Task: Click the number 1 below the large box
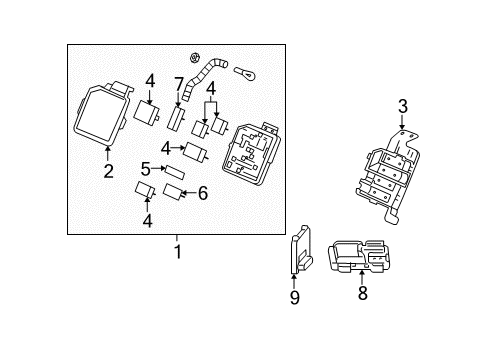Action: [177, 252]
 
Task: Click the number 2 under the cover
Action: [107, 170]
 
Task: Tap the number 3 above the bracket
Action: [402, 107]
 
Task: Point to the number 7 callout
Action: [179, 82]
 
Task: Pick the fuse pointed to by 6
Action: [173, 191]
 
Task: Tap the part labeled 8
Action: [363, 257]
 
